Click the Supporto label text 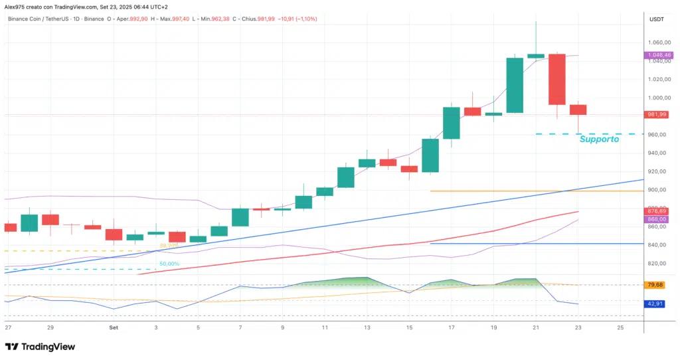tap(599, 139)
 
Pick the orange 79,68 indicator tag tap(655, 285)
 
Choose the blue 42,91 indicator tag tap(655, 304)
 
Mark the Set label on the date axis tap(114, 328)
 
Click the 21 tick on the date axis tap(536, 328)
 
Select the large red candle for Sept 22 tap(556, 79)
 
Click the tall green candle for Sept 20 tap(515, 85)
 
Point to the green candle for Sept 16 tap(430, 156)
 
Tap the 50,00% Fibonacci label tap(169, 264)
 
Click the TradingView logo tap(41, 347)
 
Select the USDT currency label tap(656, 19)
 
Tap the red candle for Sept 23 tap(578, 110)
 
